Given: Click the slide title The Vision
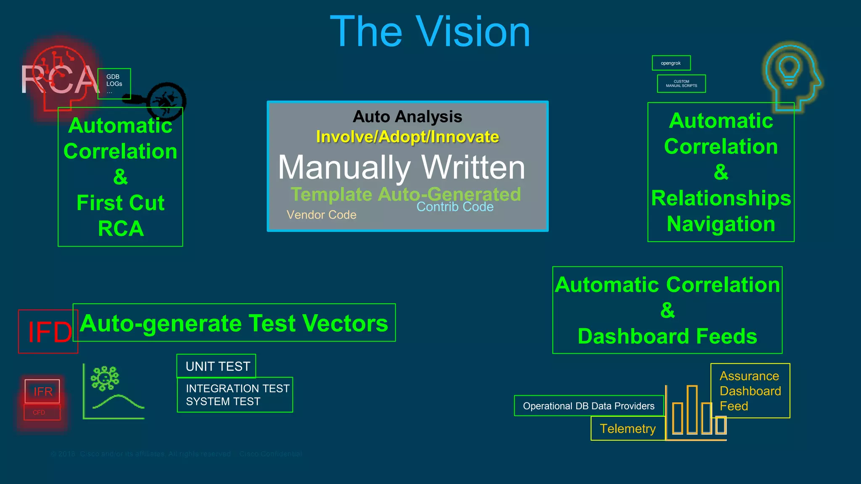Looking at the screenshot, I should [430, 32].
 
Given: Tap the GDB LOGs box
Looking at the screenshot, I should [114, 83].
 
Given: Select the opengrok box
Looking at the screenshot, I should [671, 63].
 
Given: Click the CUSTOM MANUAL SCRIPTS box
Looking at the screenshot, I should [681, 84].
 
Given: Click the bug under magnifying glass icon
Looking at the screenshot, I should [166, 101].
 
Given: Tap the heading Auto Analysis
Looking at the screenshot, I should [407, 117].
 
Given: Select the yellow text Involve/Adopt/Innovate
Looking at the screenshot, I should [407, 137].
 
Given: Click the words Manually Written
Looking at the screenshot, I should [401, 167].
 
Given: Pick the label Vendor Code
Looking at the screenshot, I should [321, 215].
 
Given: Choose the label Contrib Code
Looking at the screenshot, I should [455, 207].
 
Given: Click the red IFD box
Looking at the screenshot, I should [48, 331].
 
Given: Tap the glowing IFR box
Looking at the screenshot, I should [42, 391].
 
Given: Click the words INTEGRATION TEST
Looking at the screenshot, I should [238, 388].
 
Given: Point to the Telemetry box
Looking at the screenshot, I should [627, 429].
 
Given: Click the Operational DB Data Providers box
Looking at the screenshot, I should [588, 406].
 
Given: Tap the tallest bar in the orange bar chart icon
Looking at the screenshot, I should [692, 409].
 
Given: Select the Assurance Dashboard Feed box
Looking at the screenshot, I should [750, 391].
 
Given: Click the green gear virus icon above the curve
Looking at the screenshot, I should [105, 378].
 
